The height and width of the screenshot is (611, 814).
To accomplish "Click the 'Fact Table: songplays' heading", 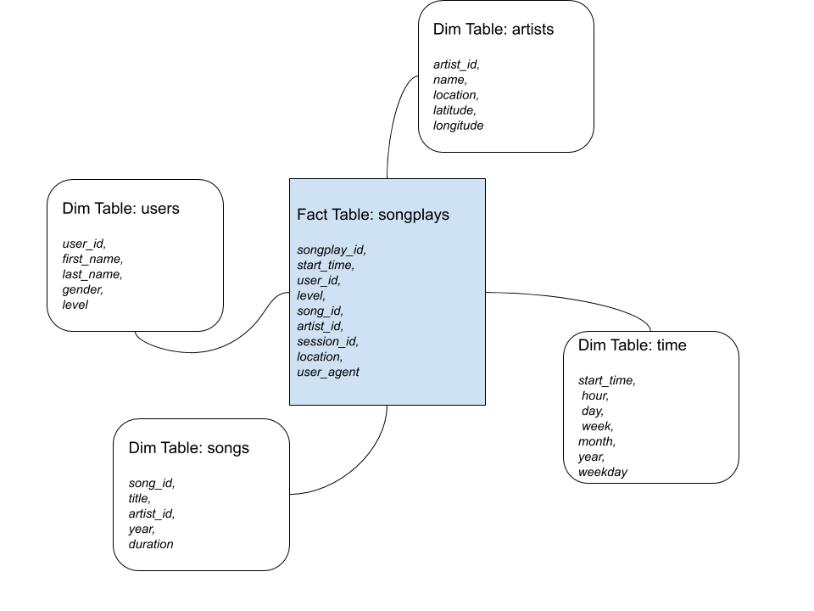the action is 373,215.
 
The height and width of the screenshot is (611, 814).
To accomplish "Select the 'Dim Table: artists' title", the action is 493,29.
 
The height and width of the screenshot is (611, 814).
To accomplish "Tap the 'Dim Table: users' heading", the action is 120,209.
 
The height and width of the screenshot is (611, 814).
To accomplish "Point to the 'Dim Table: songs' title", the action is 188,448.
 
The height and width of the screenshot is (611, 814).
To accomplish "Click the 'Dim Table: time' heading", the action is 632,345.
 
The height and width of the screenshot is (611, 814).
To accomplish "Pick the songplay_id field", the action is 332,249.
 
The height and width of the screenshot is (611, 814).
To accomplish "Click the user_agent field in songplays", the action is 328,372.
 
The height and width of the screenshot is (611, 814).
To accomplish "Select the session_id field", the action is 327,341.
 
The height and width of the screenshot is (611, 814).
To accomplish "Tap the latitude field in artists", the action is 454,110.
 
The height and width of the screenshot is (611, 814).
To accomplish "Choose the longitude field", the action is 458,126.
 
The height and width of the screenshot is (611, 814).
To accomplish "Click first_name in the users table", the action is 92,259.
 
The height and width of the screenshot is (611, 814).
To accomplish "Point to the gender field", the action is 82,289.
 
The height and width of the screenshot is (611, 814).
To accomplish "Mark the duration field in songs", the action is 151,544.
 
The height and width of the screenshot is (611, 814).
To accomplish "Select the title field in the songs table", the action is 140,498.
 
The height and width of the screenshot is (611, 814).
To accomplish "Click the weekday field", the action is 602,473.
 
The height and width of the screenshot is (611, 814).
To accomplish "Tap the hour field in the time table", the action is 595,396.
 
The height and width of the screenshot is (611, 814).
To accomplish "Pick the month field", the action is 596,441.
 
